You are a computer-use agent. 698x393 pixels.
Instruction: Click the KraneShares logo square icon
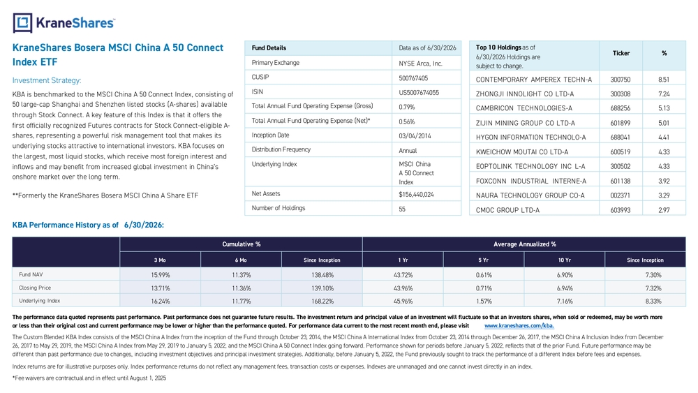(23, 23)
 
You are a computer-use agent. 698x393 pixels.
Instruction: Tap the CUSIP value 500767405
(413, 78)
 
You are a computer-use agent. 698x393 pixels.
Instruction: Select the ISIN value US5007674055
(419, 93)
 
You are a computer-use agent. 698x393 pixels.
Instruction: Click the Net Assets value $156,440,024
(416, 195)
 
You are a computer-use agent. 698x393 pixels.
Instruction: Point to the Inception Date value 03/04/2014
(415, 135)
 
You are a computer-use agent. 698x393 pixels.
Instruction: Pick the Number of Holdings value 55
(402, 209)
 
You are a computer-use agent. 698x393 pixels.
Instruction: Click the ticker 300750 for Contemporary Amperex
(620, 80)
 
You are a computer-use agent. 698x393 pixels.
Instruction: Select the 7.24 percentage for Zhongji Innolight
(664, 94)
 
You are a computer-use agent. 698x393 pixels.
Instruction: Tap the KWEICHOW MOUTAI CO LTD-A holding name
(521, 151)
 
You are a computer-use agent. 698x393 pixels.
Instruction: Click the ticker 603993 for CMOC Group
(620, 210)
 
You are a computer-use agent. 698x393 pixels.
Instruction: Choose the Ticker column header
(621, 54)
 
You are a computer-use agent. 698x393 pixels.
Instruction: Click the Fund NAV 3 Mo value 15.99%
(161, 275)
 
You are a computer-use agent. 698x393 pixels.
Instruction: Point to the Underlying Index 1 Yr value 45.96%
(403, 302)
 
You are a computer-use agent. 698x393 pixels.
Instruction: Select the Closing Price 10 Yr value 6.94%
(565, 288)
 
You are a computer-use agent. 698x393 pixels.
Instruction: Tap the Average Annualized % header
(524, 244)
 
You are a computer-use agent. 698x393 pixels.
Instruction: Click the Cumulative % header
(242, 244)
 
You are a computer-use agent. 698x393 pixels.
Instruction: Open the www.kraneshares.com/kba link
(519, 326)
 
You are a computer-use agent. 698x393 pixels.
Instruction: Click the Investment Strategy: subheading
(47, 80)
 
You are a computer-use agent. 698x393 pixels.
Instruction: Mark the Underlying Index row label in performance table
(39, 301)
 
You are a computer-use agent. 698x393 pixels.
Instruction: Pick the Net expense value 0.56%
(406, 121)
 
